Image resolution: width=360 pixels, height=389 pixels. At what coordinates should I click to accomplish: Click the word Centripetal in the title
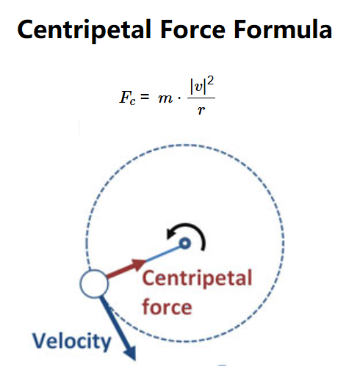(84, 30)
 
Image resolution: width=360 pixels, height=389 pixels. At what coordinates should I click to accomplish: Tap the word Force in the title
(192, 29)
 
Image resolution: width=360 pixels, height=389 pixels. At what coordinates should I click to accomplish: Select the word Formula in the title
(283, 29)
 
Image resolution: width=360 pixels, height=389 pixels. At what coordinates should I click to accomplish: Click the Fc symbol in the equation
(128, 98)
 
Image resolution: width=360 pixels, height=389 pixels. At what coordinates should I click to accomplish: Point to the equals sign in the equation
(145, 96)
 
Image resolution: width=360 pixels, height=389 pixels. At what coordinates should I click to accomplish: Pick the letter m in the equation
(165, 98)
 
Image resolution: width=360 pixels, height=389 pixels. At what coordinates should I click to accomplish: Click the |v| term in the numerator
(198, 87)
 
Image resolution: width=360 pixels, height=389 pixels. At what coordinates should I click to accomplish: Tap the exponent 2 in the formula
(210, 81)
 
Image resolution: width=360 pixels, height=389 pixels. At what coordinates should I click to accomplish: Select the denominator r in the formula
(201, 110)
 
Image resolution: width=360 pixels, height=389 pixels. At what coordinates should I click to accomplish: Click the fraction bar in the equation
(201, 98)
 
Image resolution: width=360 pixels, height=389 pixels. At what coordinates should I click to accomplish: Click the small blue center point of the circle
(185, 244)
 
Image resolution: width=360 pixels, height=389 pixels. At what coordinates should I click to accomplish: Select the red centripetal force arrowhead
(138, 264)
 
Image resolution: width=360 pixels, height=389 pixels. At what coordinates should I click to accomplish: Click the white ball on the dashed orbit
(94, 283)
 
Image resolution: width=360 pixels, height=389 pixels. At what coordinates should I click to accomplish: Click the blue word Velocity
(72, 342)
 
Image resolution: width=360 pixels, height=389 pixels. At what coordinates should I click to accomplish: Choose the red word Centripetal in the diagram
(197, 279)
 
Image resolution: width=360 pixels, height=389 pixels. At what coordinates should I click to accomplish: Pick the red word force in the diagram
(167, 307)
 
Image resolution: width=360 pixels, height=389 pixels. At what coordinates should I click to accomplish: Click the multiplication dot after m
(179, 98)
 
